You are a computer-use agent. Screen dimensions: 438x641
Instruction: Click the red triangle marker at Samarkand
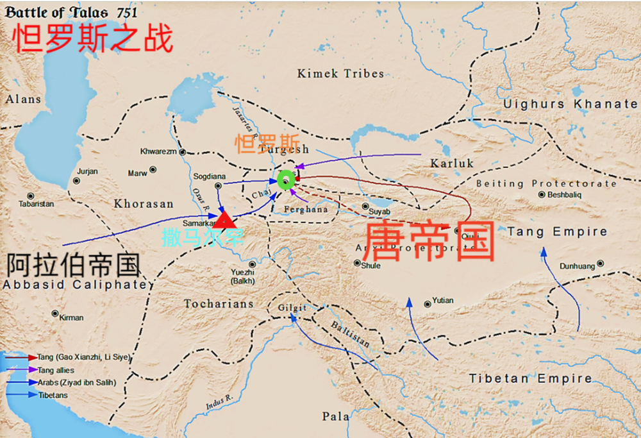(x=224, y=221)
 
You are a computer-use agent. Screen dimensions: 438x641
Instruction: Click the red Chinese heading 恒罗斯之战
(x=93, y=39)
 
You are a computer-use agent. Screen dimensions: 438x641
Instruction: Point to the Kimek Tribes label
(x=340, y=74)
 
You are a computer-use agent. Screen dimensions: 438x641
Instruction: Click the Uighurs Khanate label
(x=570, y=104)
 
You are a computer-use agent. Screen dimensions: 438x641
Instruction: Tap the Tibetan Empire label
(x=530, y=378)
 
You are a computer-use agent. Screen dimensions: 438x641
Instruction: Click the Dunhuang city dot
(x=600, y=263)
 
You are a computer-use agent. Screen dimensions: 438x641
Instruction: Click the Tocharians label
(x=219, y=303)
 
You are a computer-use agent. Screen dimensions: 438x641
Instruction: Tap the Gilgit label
(x=292, y=308)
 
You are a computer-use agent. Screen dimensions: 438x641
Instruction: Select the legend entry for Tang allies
(x=56, y=370)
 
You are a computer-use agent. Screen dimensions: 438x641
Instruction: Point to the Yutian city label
(x=442, y=300)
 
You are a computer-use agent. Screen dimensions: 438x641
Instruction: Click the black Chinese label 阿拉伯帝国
(x=73, y=264)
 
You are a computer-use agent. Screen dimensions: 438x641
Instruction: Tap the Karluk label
(x=452, y=164)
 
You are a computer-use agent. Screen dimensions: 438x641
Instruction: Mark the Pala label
(x=336, y=417)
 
